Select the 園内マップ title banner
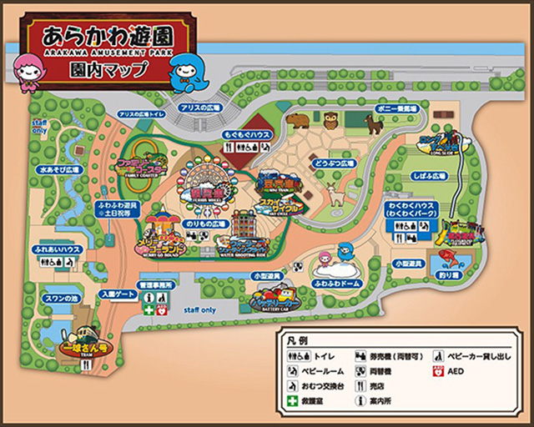pyautogui.click(x=106, y=68)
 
